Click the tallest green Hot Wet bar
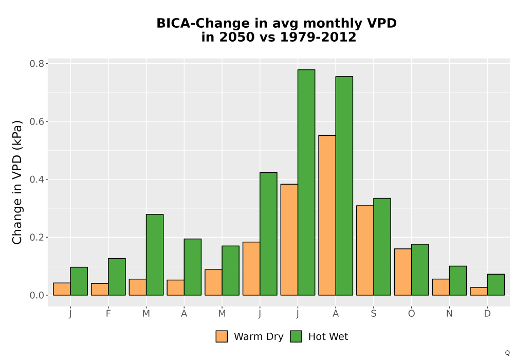306,182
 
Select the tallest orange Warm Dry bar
327,215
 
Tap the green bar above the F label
117,277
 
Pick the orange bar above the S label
365,250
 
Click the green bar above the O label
420,269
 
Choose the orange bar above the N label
440,287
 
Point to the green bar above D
495,284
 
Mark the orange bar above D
479,291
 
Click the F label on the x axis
108,314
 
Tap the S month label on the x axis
373,314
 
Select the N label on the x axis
449,314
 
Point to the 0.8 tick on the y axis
36,63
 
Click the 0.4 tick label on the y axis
36,179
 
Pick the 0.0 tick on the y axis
36,295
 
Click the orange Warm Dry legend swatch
222,336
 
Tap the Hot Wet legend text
328,336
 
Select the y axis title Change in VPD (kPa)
17,182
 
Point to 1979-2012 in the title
318,37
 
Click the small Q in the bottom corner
507,353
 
